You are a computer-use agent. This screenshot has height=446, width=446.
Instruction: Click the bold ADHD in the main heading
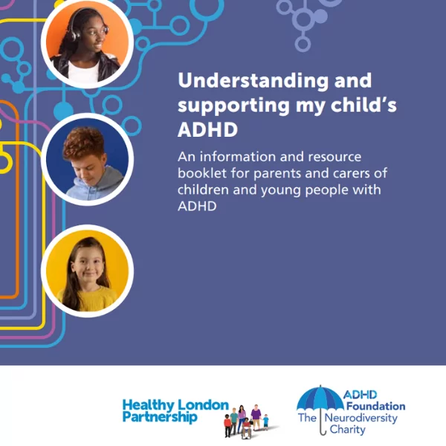(x=207, y=129)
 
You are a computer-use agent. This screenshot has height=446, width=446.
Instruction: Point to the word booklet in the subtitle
(x=202, y=173)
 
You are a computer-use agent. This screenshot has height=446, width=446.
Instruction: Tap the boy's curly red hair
(x=84, y=142)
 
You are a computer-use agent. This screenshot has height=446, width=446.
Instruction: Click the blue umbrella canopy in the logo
(x=320, y=398)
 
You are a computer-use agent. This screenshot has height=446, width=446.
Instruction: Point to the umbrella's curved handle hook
(x=323, y=431)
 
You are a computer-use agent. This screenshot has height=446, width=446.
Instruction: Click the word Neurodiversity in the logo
(x=361, y=418)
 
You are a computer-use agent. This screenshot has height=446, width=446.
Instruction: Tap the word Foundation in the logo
(x=375, y=406)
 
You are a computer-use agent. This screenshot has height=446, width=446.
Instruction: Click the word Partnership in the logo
(x=160, y=417)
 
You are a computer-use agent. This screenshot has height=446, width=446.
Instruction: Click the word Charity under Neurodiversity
(x=347, y=430)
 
